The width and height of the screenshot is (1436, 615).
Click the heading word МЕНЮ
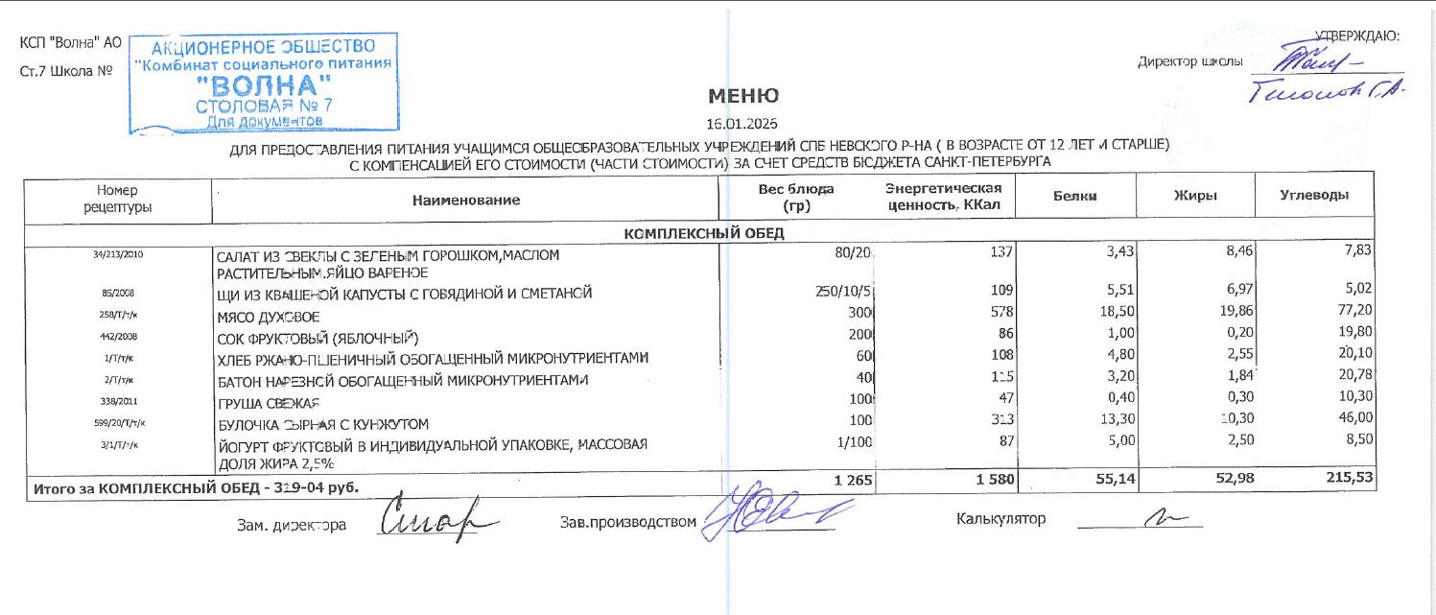(x=743, y=96)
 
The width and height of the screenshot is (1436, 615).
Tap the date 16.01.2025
(x=742, y=124)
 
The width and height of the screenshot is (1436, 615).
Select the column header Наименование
(x=466, y=201)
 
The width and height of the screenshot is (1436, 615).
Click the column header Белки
(x=1075, y=196)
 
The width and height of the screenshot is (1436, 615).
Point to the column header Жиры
(x=1196, y=196)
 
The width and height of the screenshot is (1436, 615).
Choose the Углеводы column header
(x=1315, y=195)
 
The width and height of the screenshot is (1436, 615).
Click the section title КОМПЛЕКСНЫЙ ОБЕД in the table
(x=705, y=234)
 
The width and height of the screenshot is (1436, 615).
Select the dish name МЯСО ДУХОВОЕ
(x=269, y=317)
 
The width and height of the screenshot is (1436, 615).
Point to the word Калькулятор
(x=1000, y=519)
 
